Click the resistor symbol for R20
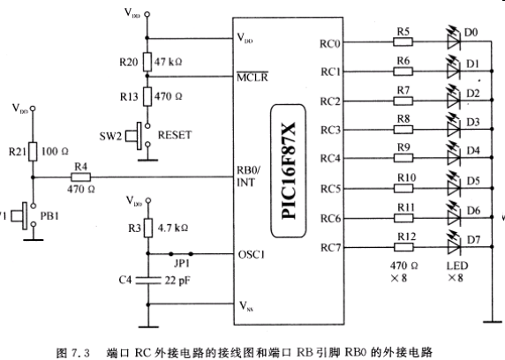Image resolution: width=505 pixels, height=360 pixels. [x=147, y=62]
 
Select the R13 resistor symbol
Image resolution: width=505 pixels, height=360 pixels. [x=147, y=96]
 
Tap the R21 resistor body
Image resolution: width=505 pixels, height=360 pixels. [x=33, y=152]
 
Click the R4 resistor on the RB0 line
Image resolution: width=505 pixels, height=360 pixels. [x=80, y=177]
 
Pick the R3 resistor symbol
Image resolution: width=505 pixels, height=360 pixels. [x=148, y=228]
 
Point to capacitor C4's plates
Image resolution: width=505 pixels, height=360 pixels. [x=148, y=281]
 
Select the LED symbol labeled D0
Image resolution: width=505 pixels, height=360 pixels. [x=454, y=40]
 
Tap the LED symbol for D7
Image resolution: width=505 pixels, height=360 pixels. [x=454, y=244]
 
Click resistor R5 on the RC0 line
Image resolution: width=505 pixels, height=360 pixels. [x=403, y=41]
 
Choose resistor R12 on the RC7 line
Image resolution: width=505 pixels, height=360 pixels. [x=403, y=247]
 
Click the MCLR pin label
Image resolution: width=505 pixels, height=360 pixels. [x=253, y=77]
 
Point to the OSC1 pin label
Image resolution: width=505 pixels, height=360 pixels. [x=252, y=254]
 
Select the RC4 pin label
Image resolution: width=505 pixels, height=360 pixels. [x=330, y=159]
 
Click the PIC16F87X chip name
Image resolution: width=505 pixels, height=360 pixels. [x=289, y=170]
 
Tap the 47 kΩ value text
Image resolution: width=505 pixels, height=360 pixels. [x=168, y=62]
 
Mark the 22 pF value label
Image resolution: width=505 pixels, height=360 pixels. [x=177, y=281]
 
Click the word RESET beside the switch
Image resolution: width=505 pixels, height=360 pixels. [x=175, y=135]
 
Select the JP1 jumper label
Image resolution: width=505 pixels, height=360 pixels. [x=182, y=264]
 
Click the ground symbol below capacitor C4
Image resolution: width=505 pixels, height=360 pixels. [x=148, y=326]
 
